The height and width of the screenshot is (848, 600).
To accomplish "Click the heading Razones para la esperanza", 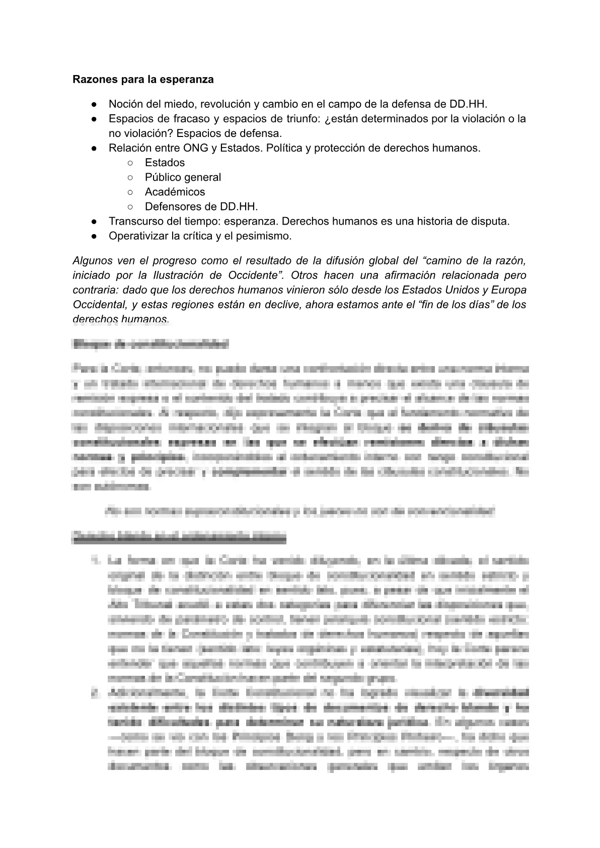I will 143,80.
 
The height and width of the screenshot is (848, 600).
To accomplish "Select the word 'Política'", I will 284,148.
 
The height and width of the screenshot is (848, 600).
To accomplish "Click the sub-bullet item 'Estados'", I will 165,163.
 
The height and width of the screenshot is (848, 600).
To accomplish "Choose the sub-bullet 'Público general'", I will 183,177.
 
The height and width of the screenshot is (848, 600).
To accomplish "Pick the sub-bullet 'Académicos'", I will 175,192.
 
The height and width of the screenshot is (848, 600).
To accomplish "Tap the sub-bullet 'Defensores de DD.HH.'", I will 201,206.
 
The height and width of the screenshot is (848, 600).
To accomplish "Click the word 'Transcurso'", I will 134,221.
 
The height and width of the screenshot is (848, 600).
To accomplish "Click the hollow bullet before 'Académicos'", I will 130,192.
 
